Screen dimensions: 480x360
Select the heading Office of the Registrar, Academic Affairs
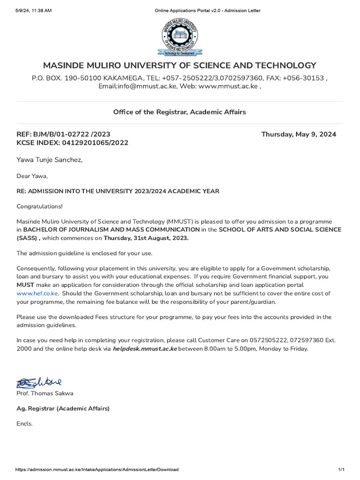tap(180, 112)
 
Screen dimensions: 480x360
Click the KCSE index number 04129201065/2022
tap(92, 143)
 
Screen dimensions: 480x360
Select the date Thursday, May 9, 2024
tap(299, 135)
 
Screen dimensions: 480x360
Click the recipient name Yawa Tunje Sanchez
tap(49, 160)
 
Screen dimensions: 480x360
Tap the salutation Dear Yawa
tap(32, 176)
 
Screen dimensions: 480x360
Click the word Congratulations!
tap(39, 206)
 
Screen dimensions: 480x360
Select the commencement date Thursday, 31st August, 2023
tap(146, 238)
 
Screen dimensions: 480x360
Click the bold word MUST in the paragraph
tap(25, 285)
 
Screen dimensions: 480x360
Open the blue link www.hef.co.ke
tap(37, 293)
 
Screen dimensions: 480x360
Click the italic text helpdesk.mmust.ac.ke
tap(145, 349)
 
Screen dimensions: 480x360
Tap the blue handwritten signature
tap(39, 382)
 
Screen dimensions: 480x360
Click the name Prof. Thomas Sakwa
tap(45, 393)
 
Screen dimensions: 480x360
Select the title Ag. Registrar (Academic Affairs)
tap(63, 408)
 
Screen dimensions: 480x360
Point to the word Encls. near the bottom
tap(25, 424)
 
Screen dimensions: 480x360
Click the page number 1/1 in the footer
tap(341, 470)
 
